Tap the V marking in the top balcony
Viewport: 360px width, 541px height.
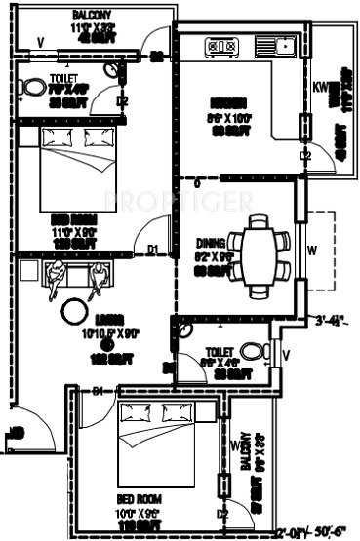(41, 41)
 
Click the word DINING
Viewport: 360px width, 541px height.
(210, 243)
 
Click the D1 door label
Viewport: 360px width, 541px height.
(152, 250)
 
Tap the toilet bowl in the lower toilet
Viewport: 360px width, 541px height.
(252, 350)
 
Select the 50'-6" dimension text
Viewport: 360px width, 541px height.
(328, 532)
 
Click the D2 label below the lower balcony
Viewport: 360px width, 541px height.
(222, 514)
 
